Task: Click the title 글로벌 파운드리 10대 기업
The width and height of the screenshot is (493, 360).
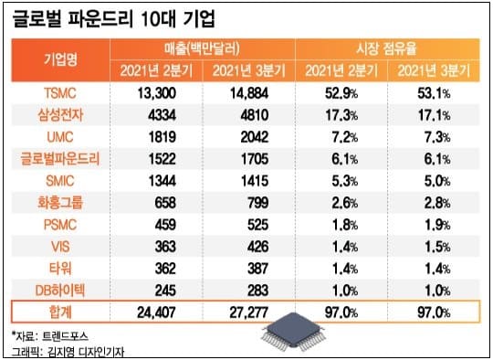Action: [127, 19]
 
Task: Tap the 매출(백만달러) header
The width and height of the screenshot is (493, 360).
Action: [194, 49]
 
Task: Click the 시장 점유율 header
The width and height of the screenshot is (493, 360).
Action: [387, 49]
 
